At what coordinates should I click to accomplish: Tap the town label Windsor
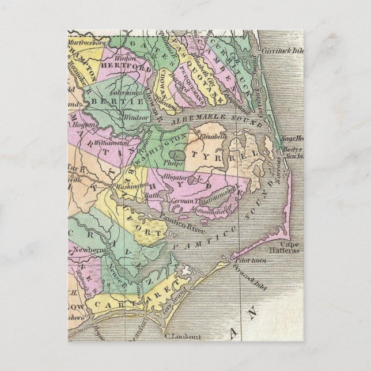(x=133, y=116)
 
